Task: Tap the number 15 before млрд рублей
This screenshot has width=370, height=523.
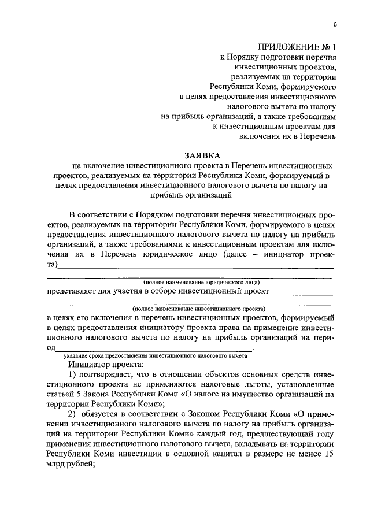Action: pos(330,454)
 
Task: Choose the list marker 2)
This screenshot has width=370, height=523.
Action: pos(72,414)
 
